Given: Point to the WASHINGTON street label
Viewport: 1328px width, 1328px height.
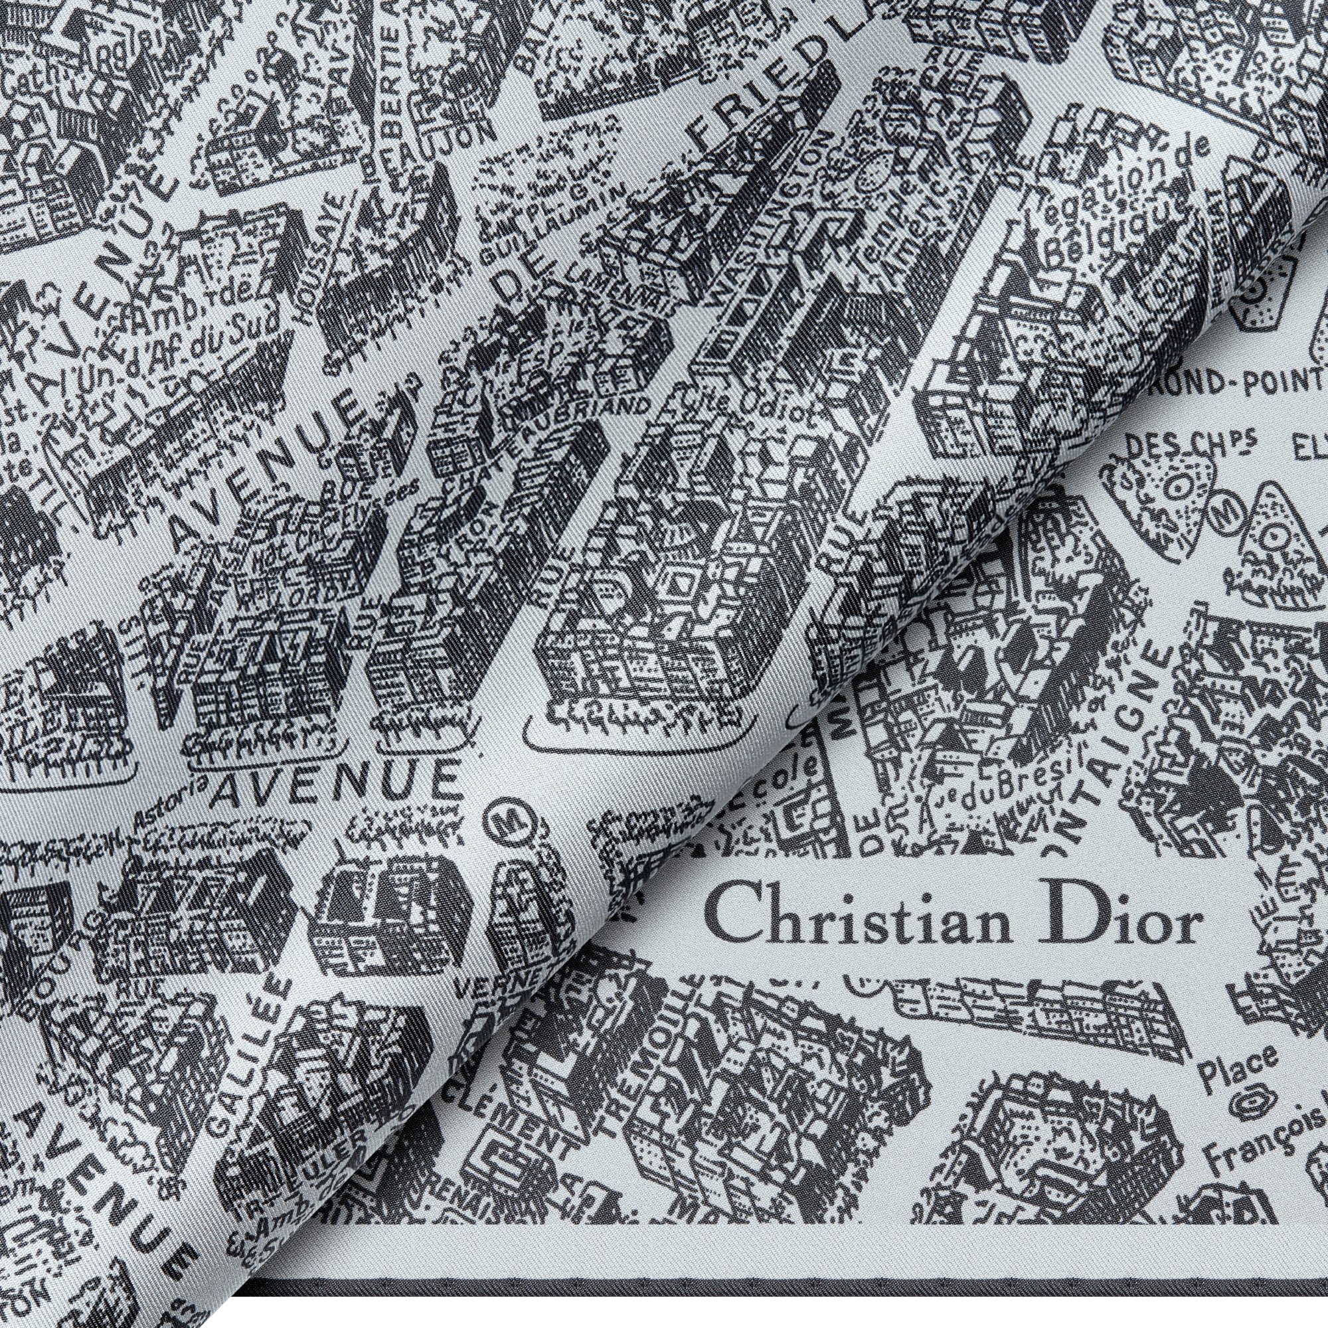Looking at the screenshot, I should point(777,207).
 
